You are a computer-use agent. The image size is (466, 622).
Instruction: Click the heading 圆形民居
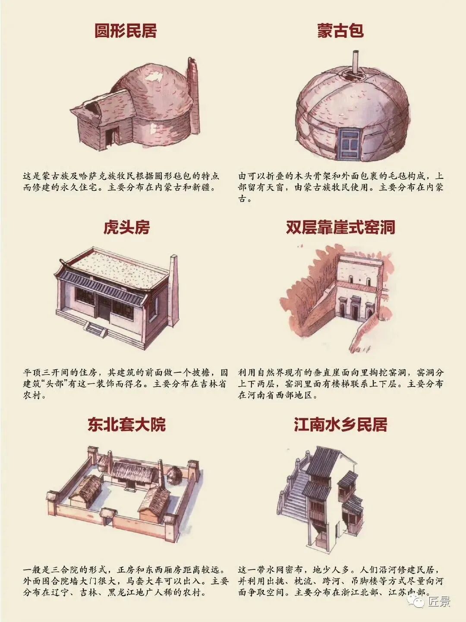click(125, 31)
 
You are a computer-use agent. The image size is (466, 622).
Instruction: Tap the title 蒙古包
click(340, 31)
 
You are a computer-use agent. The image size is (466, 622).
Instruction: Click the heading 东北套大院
click(126, 424)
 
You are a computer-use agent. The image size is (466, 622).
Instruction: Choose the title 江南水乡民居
click(340, 424)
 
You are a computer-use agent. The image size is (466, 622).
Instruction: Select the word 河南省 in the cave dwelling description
click(261, 395)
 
